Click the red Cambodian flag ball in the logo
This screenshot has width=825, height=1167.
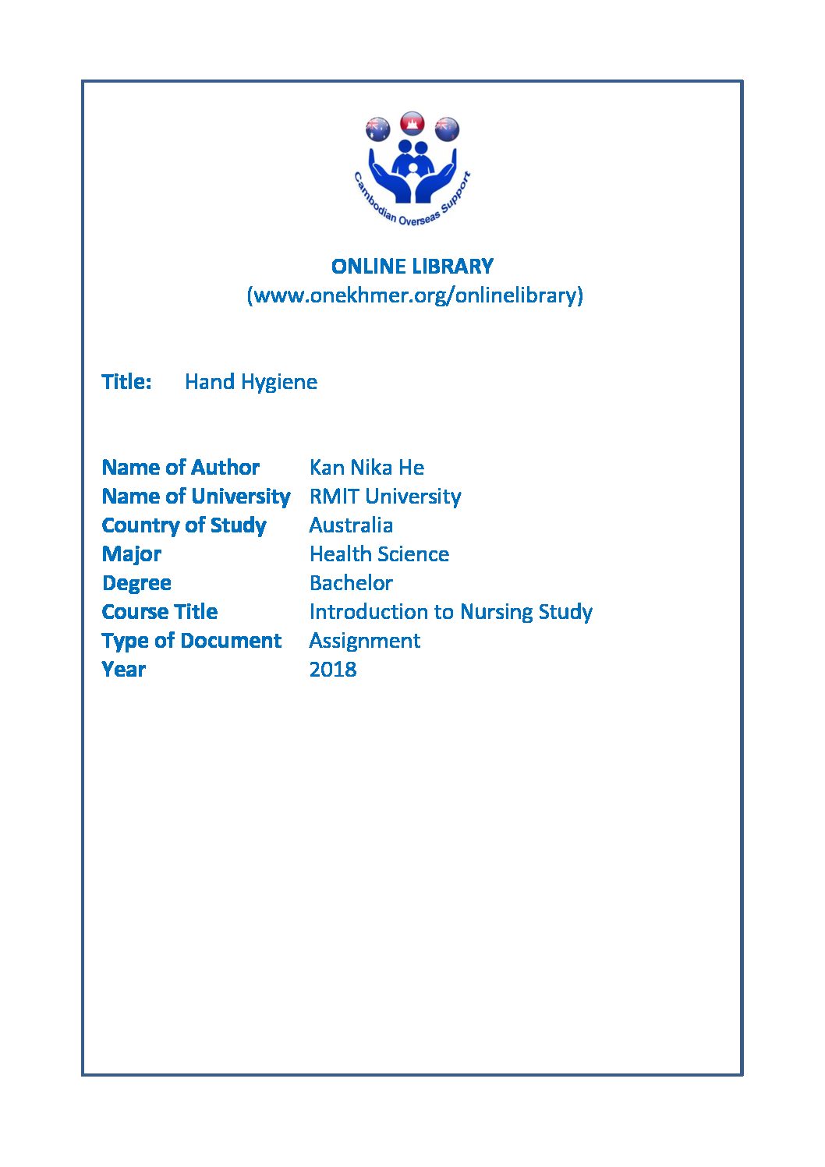(x=412, y=123)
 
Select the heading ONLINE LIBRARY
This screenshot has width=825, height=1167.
(x=412, y=267)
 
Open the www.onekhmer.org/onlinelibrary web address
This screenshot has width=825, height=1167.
(x=415, y=295)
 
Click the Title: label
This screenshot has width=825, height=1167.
(x=126, y=382)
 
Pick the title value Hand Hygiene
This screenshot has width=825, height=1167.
(x=251, y=382)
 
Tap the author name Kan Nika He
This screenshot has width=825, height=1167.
(x=366, y=468)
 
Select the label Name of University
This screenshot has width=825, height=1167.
(x=196, y=497)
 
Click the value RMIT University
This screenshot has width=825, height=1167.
(x=385, y=497)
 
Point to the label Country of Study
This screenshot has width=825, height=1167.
(x=184, y=525)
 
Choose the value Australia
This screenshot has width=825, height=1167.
(x=351, y=525)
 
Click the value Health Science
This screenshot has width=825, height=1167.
(x=379, y=554)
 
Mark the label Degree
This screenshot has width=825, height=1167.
(x=136, y=583)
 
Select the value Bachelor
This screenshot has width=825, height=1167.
(x=351, y=583)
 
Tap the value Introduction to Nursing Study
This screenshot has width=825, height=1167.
(x=451, y=612)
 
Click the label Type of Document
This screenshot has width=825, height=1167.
(x=192, y=641)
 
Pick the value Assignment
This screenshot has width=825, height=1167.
(x=364, y=641)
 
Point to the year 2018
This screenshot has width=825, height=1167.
(x=333, y=670)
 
